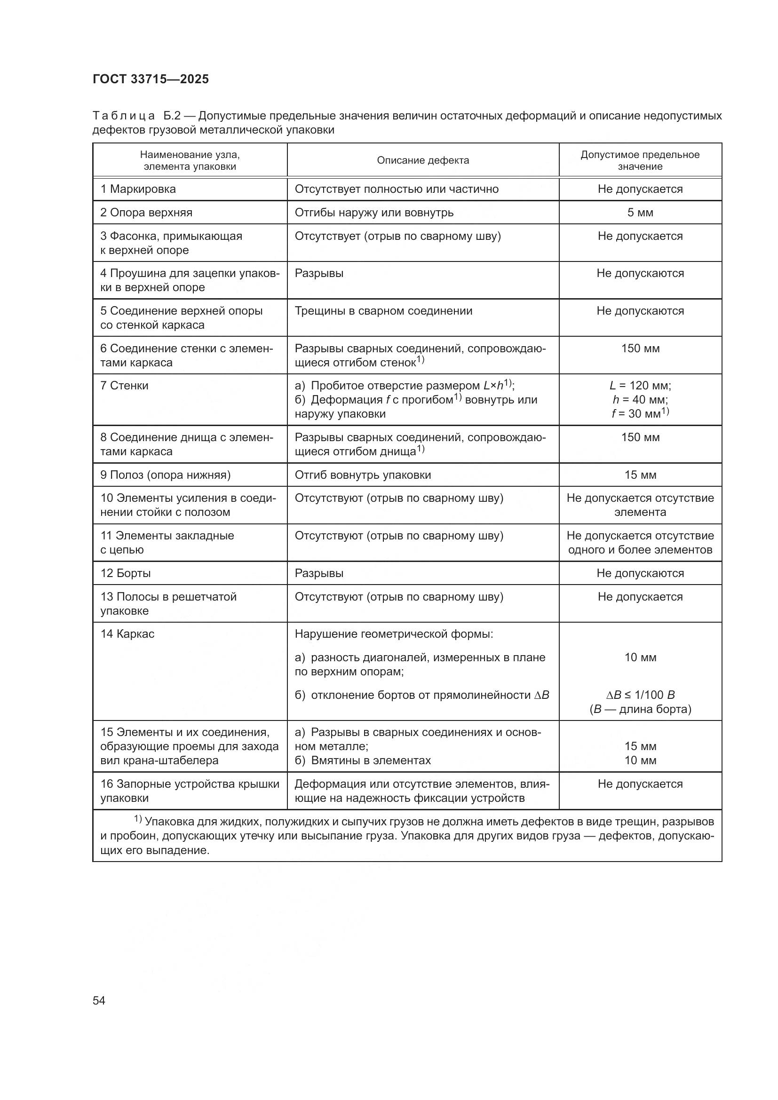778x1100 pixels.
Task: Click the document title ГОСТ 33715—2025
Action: [x=151, y=79]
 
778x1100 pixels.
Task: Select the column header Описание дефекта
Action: [x=422, y=160]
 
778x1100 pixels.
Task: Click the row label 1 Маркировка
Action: [x=138, y=189]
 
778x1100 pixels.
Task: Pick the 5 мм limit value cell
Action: [x=640, y=213]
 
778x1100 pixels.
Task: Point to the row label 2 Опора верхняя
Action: [x=146, y=213]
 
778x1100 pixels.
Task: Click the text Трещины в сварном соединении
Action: [x=383, y=311]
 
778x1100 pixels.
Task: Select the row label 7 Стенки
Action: [x=125, y=386]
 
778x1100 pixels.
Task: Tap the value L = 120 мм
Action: [x=640, y=386]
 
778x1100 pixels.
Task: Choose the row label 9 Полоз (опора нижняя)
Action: [x=165, y=475]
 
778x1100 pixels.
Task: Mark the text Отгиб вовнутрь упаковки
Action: [x=363, y=475]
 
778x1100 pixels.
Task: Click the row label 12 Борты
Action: [x=126, y=573]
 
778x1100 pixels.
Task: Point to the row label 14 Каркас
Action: [x=127, y=634]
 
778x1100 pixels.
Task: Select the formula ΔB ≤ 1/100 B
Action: [x=640, y=695]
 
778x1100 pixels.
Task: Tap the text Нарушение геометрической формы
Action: [x=394, y=634]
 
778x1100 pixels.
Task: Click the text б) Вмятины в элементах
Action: [x=363, y=760]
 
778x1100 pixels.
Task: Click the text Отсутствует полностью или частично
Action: [x=397, y=189]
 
